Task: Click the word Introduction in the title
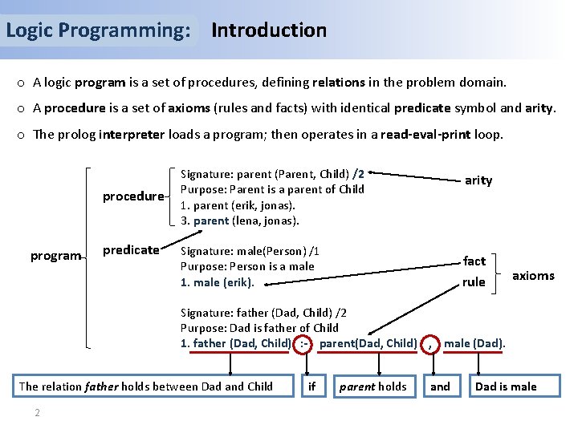269,30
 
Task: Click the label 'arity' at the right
478,180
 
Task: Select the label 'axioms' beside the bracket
534,276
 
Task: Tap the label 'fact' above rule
474,261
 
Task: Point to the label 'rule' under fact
474,282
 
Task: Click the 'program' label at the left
55,256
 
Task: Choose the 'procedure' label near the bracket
133,196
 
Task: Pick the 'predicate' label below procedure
131,250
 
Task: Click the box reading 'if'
312,386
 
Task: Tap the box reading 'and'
440,386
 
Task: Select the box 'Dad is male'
506,386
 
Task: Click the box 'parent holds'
373,386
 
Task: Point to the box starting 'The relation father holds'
145,386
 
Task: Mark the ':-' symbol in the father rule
304,344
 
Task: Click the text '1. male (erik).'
218,282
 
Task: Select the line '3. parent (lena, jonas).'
240,221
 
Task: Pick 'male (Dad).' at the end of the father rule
474,344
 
